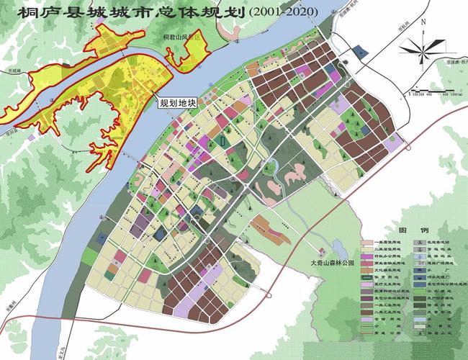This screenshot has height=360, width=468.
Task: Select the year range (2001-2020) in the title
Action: click(289, 12)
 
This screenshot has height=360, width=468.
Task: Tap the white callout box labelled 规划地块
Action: click(176, 103)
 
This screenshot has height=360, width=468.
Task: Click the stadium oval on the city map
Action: click(225, 142)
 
